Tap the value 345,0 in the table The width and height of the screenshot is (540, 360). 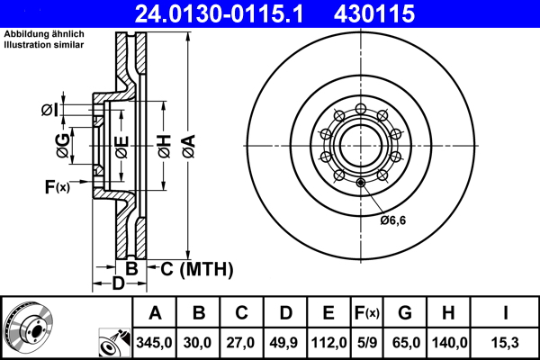[155, 342]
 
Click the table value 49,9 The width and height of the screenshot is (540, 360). [286, 342]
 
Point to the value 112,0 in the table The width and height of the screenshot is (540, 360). [328, 342]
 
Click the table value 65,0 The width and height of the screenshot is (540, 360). [405, 342]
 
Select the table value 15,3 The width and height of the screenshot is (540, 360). [505, 342]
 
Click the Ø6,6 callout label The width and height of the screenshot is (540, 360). [393, 220]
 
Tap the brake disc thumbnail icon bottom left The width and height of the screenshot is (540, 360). [30, 328]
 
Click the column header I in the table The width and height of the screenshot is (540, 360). [505, 314]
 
